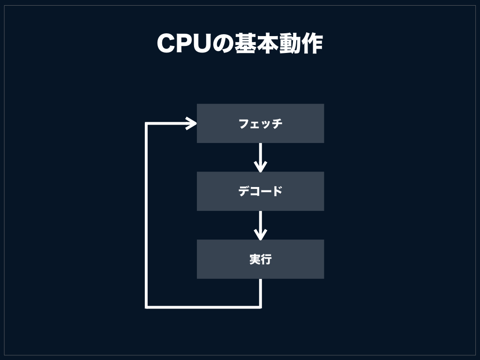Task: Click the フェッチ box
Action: tap(260, 123)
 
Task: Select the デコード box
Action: tap(260, 191)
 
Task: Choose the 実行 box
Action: tap(260, 259)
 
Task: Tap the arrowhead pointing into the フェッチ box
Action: tap(191, 123)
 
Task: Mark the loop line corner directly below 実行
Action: tap(260, 307)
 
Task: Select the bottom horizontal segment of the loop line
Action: tap(204, 307)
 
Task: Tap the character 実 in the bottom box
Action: tap(255, 259)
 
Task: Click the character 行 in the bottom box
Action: tap(266, 259)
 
